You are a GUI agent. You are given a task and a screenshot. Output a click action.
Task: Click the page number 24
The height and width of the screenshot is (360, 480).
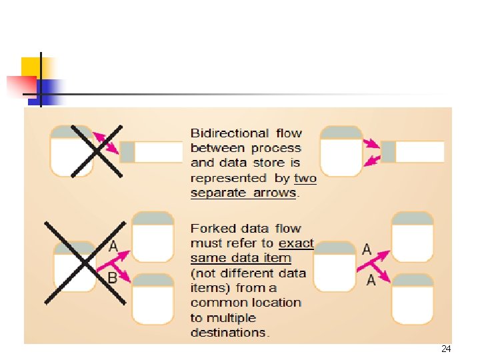[x=445, y=349]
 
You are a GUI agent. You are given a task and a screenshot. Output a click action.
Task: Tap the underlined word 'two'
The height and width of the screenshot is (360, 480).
[x=305, y=178]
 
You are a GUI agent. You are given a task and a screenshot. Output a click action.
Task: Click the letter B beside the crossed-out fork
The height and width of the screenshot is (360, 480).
[x=112, y=277]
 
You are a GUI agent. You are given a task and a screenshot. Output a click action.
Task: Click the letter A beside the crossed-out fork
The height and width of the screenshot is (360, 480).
[x=113, y=247]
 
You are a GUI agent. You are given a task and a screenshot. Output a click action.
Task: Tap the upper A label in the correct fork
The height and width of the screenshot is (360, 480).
[x=367, y=249]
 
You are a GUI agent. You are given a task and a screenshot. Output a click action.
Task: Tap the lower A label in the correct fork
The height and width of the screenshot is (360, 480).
[x=371, y=281]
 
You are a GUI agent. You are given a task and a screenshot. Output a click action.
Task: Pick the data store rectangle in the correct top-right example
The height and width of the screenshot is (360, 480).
[x=412, y=152]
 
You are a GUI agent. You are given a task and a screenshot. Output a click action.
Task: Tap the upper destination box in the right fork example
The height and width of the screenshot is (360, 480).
[x=412, y=237]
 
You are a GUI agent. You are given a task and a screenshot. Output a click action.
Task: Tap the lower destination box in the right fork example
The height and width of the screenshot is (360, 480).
[x=412, y=299]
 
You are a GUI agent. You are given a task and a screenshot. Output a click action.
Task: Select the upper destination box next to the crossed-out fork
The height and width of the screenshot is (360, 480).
[x=153, y=237]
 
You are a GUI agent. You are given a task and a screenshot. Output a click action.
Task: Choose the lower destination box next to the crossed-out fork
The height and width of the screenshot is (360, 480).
[x=153, y=299]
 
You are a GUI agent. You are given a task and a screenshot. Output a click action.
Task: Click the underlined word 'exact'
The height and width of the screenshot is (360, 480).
[x=296, y=243]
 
